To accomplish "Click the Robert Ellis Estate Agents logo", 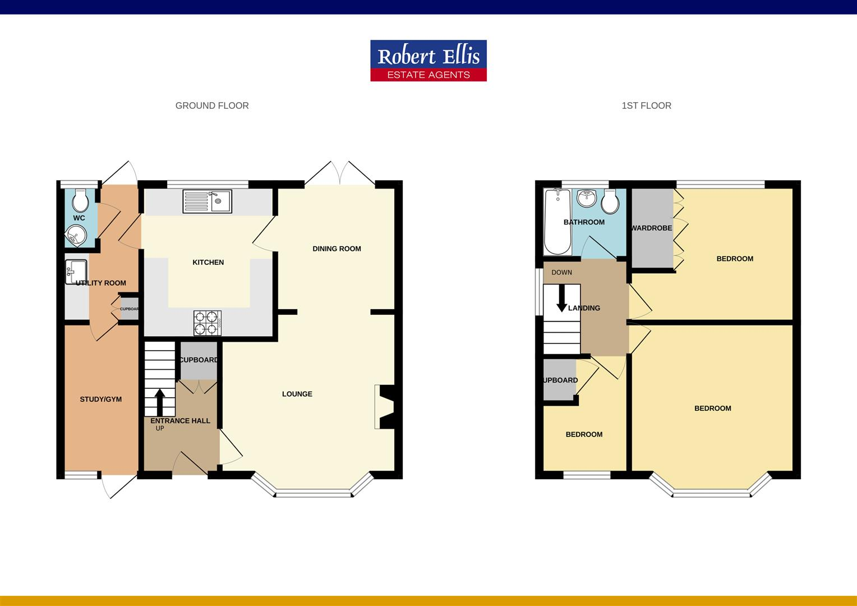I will (428, 61).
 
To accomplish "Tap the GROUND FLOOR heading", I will (212, 105).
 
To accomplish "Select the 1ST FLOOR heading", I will (646, 105).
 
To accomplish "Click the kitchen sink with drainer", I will (207, 201).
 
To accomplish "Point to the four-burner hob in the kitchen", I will (208, 323).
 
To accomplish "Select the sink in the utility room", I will (76, 272).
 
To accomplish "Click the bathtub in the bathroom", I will (557, 221).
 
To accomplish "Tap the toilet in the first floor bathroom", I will (610, 200).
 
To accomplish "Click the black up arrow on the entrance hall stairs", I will (159, 401).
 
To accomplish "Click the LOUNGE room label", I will (297, 394).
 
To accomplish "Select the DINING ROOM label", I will (337, 249).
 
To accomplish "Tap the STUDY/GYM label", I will (101, 400).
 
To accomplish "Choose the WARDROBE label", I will (651, 228).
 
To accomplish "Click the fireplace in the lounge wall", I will (385, 407).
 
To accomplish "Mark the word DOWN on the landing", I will (561, 273).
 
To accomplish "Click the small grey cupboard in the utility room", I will (129, 309).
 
